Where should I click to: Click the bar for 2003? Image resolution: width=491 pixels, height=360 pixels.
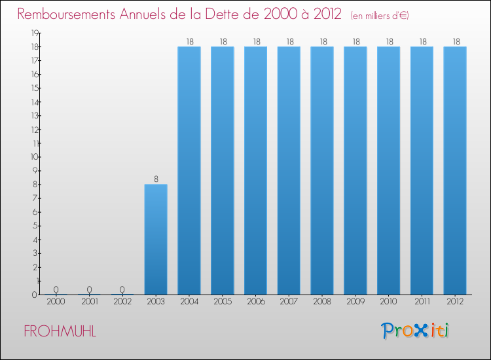[156, 240]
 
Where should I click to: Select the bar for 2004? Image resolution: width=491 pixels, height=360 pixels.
[189, 170]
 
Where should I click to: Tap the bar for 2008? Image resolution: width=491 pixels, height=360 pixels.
[322, 170]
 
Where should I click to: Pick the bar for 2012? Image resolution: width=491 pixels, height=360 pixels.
[455, 170]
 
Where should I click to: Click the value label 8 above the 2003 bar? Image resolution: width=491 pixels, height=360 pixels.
[156, 178]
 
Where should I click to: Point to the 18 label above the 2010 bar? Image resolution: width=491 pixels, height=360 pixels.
[389, 41]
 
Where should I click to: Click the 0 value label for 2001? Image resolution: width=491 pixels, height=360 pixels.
[89, 289]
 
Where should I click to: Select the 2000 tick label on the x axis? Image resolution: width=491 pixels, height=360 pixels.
[56, 302]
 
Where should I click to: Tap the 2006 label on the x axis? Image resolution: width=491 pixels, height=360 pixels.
[255, 302]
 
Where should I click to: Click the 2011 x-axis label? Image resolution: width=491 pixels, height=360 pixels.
[422, 302]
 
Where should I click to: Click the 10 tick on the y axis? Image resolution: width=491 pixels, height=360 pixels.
[33, 157]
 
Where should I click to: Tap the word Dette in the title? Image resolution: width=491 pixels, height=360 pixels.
[230, 14]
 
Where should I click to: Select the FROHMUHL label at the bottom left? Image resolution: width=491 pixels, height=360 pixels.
[60, 331]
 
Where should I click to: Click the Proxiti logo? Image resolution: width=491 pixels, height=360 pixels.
[416, 331]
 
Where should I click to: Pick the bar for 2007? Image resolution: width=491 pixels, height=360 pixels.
[289, 170]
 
